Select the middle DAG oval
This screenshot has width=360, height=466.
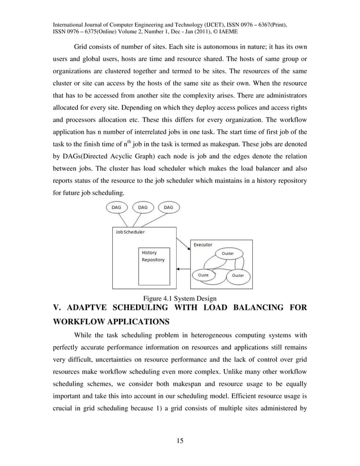pyautogui.click(x=143, y=207)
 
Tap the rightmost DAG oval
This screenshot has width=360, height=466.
pyautogui.click(x=168, y=207)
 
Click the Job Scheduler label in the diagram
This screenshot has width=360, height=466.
pyautogui.click(x=130, y=232)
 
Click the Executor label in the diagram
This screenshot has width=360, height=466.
pyautogui.click(x=203, y=245)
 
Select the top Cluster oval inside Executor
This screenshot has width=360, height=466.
pyautogui.click(x=227, y=253)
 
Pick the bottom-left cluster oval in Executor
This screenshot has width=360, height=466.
pyautogui.click(x=203, y=275)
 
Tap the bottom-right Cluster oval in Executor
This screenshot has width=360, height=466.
pyautogui.click(x=238, y=275)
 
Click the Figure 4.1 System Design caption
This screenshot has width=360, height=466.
pyautogui.click(x=179, y=298)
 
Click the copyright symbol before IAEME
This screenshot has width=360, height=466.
pyautogui.click(x=212, y=33)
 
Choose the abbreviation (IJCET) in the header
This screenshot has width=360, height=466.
pyautogui.click(x=213, y=25)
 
